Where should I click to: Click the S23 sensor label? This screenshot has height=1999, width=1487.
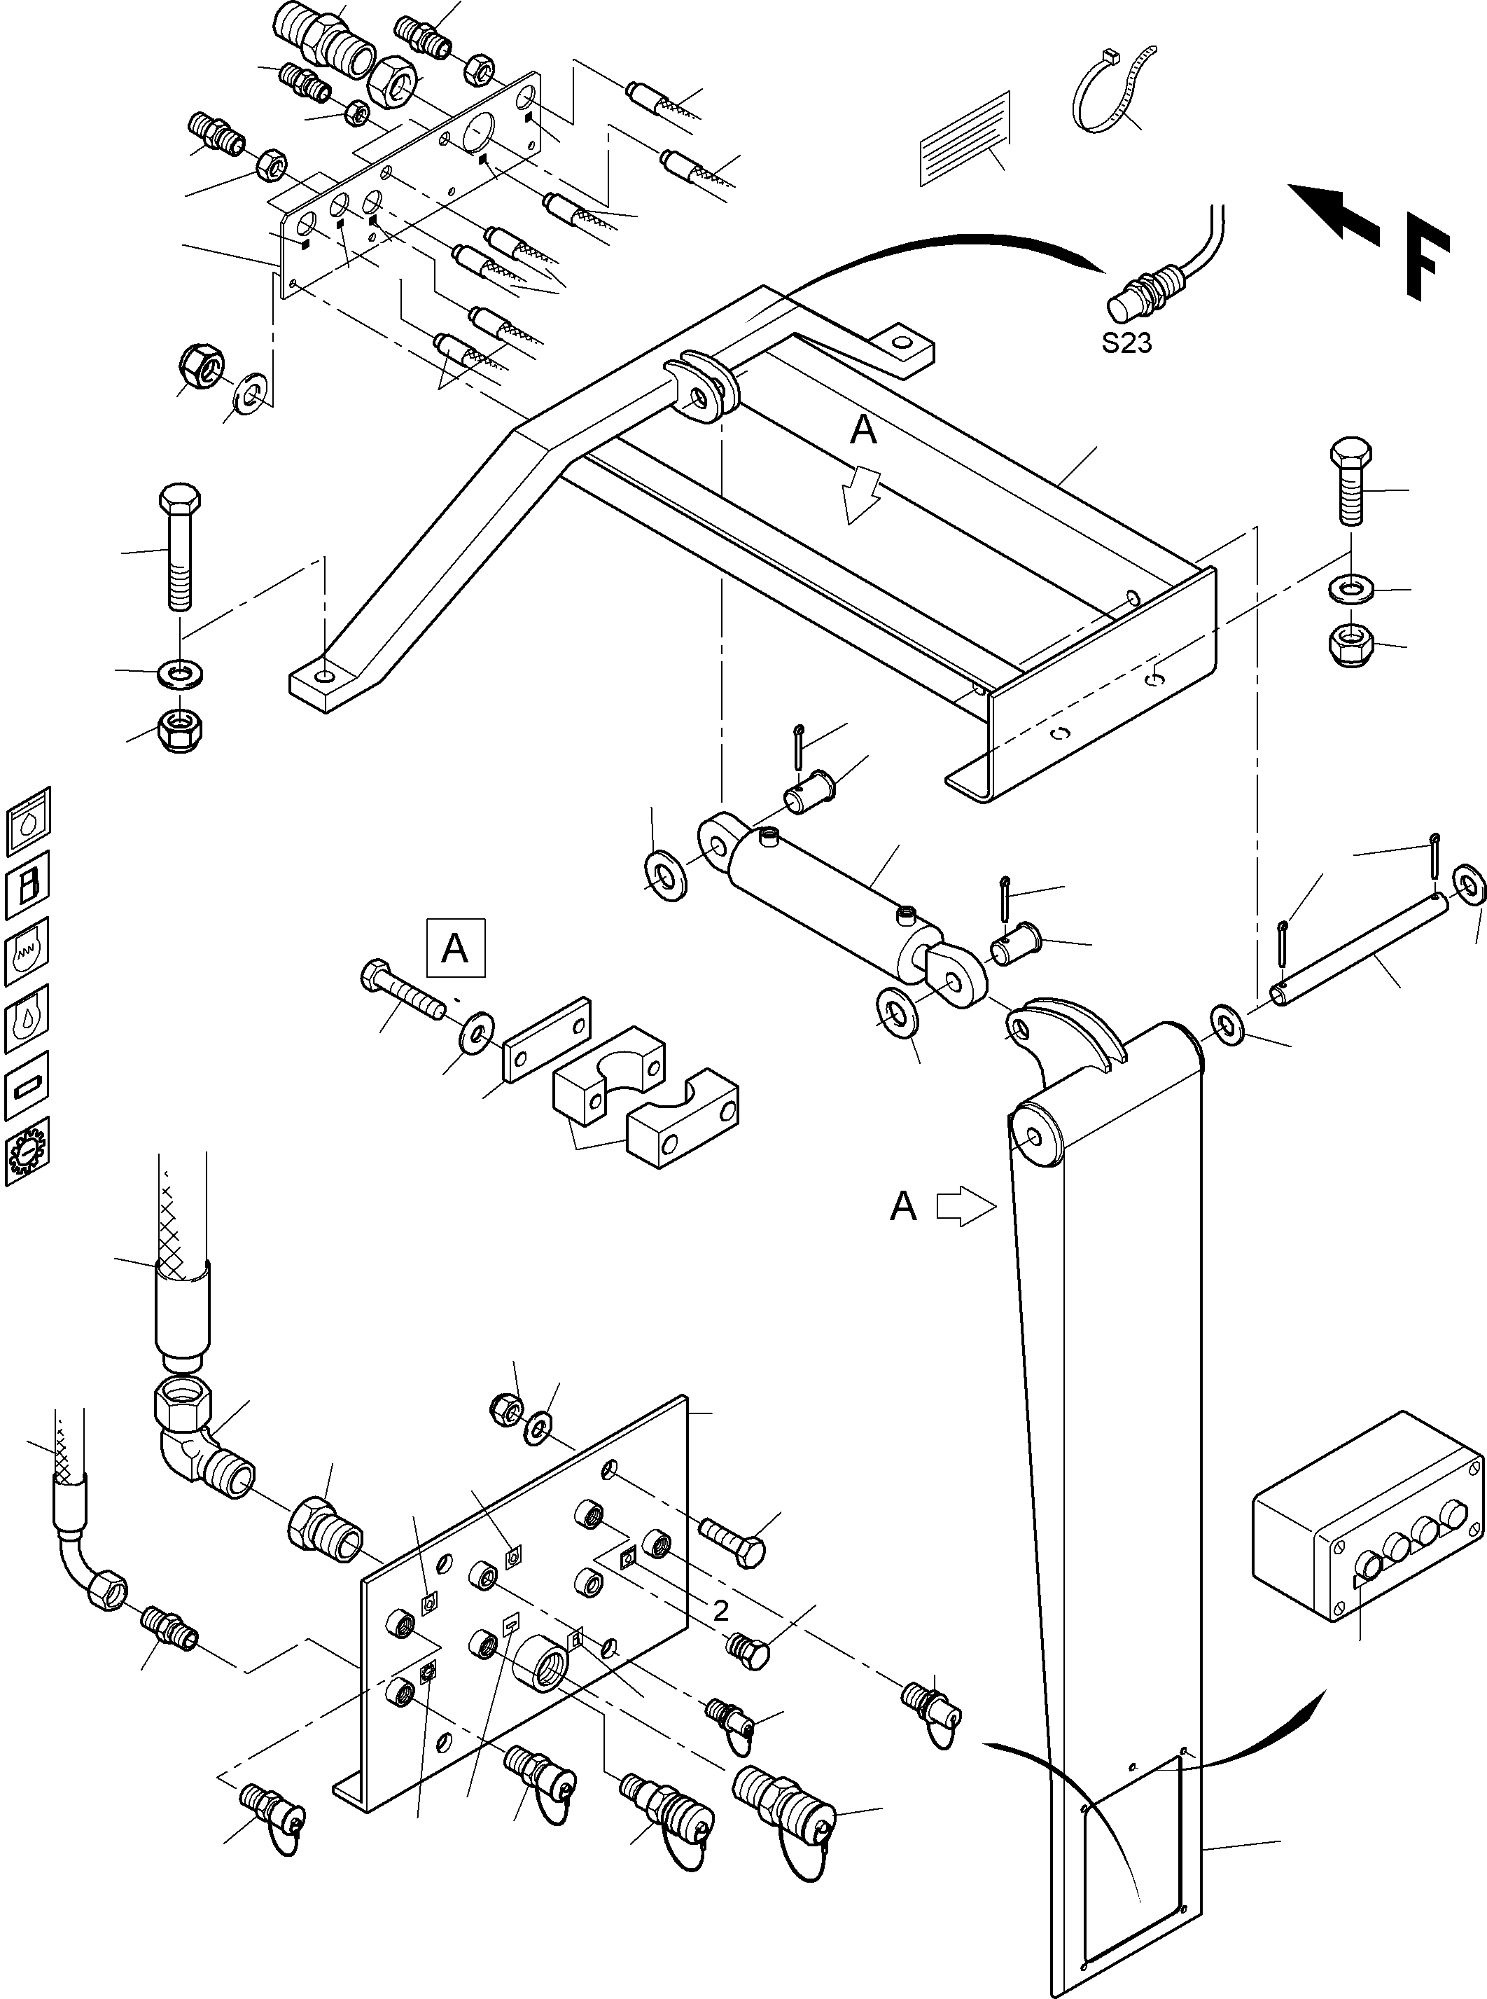click(x=1126, y=343)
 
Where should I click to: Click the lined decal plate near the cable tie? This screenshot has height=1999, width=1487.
click(x=964, y=138)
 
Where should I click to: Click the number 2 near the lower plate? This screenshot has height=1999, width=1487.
click(x=720, y=1610)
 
